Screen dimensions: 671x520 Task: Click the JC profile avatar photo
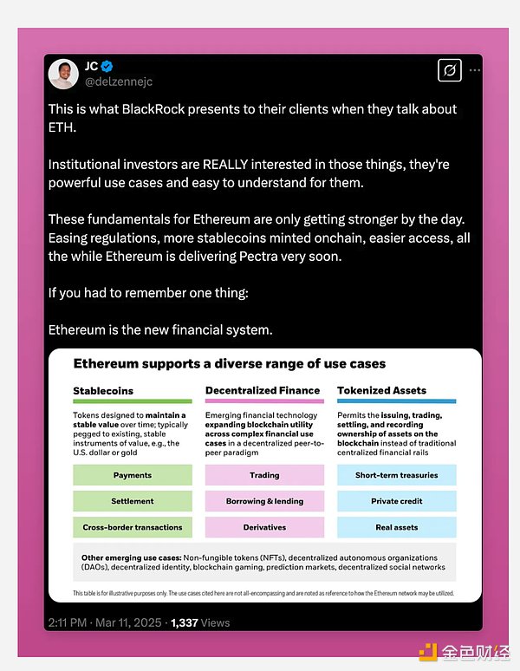[x=64, y=74]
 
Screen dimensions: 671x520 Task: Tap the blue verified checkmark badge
[x=108, y=66]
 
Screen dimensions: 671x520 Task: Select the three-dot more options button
[x=474, y=69]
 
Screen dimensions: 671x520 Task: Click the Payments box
[x=133, y=475]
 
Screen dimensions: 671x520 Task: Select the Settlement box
[x=133, y=501]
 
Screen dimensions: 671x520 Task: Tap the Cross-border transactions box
[x=133, y=527]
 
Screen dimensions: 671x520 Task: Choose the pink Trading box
[x=264, y=475]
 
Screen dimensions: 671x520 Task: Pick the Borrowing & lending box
[x=264, y=501]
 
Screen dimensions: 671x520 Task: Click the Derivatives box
[x=264, y=527]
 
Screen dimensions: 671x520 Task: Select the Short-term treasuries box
[x=396, y=475]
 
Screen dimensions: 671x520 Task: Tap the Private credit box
[x=396, y=501]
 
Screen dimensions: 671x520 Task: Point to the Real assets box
[x=396, y=527]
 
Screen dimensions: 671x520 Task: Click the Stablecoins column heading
[x=103, y=391]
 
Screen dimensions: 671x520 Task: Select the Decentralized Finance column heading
[x=263, y=391]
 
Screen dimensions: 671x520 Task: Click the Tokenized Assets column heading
[x=381, y=391]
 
